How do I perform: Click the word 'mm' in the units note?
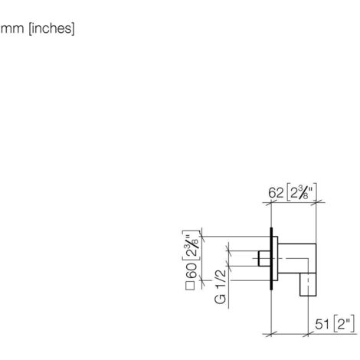click(12, 28)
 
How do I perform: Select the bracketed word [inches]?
click(52, 28)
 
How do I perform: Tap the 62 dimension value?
click(276, 193)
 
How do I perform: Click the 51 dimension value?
click(322, 325)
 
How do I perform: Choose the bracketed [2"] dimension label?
click(344, 324)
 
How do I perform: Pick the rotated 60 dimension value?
click(191, 270)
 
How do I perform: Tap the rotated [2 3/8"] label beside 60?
click(191, 245)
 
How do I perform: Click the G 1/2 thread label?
click(221, 286)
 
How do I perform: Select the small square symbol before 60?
click(190, 286)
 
